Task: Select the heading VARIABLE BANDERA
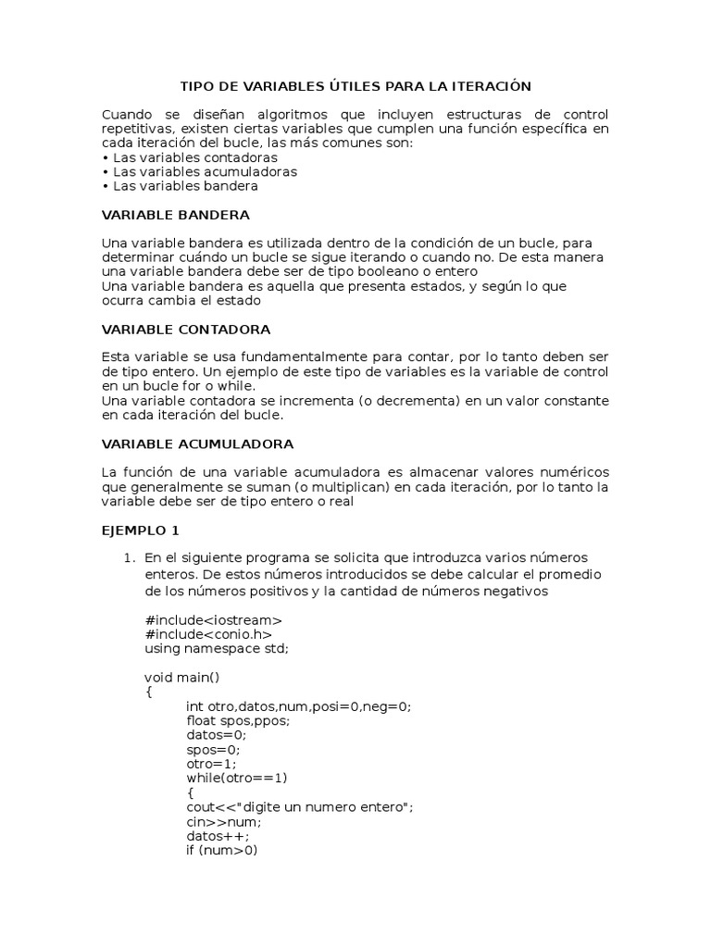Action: click(x=175, y=215)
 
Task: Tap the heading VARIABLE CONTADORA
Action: click(x=185, y=330)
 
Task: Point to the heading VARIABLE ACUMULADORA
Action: click(x=197, y=444)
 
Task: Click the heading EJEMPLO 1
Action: click(x=140, y=531)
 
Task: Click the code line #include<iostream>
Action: click(x=214, y=619)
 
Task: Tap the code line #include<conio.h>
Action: click(x=208, y=634)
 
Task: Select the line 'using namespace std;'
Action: click(x=217, y=648)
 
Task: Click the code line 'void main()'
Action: click(x=182, y=677)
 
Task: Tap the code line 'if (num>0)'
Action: click(x=221, y=850)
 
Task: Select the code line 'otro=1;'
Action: click(x=212, y=764)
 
